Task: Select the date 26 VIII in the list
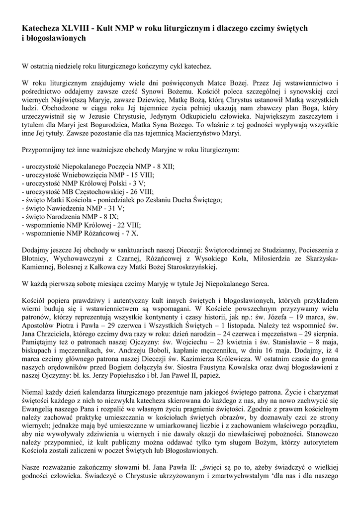click(144, 191)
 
